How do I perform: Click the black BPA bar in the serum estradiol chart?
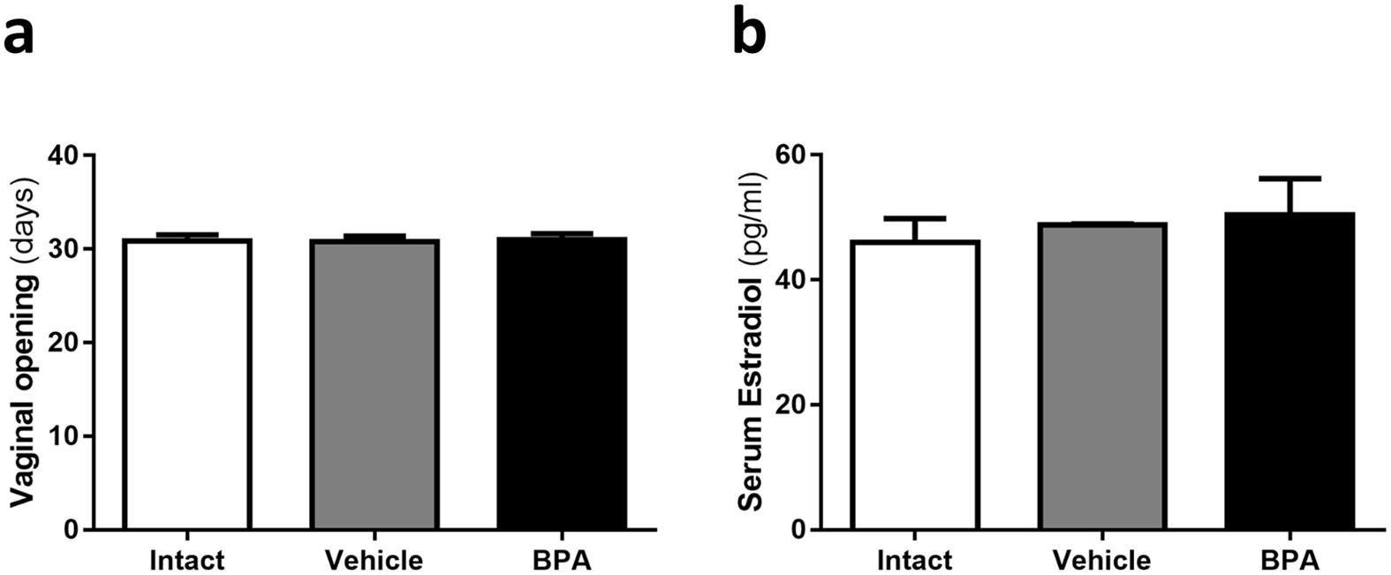tap(1289, 371)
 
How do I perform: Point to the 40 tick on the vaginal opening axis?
tap(63, 155)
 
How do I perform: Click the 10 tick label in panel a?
tap(63, 436)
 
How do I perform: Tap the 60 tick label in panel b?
tap(790, 155)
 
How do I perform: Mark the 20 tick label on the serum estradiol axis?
tap(790, 405)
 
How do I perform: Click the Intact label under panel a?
tap(187, 560)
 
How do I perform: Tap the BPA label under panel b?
tap(1289, 560)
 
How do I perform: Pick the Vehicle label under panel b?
tap(1101, 560)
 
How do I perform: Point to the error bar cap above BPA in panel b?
tap(1289, 179)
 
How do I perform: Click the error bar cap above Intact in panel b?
tap(915, 218)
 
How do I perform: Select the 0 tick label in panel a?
tap(71, 530)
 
